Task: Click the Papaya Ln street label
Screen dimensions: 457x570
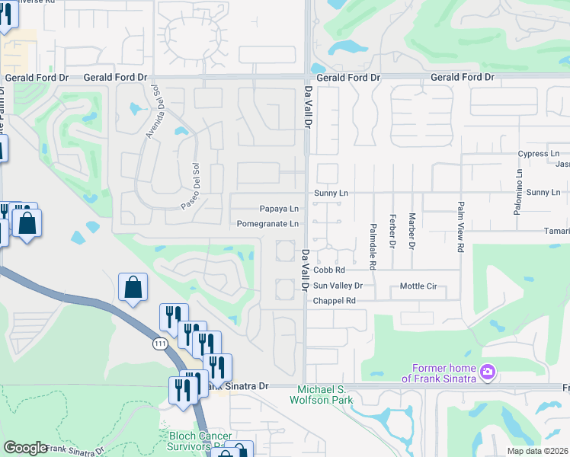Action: pyautogui.click(x=279, y=209)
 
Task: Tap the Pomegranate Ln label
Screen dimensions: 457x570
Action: pyautogui.click(x=267, y=224)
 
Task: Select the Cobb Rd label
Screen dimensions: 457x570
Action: pyautogui.click(x=329, y=270)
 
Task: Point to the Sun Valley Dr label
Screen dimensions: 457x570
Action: pyautogui.click(x=338, y=286)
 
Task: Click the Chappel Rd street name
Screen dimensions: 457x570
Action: pyautogui.click(x=335, y=301)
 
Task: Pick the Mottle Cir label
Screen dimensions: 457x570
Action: pyautogui.click(x=418, y=286)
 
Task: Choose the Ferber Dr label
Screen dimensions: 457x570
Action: pyautogui.click(x=392, y=232)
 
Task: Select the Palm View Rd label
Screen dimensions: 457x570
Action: pyautogui.click(x=461, y=227)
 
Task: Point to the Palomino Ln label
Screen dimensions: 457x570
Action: pyautogui.click(x=517, y=183)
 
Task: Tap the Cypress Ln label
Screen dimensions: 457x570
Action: pyautogui.click(x=538, y=154)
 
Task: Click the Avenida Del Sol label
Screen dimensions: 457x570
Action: pyautogui.click(x=155, y=112)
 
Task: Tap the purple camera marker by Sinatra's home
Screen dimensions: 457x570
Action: pyautogui.click(x=488, y=373)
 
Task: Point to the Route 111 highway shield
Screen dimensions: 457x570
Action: pyautogui.click(x=159, y=344)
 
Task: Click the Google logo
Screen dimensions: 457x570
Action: pyautogui.click(x=25, y=448)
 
